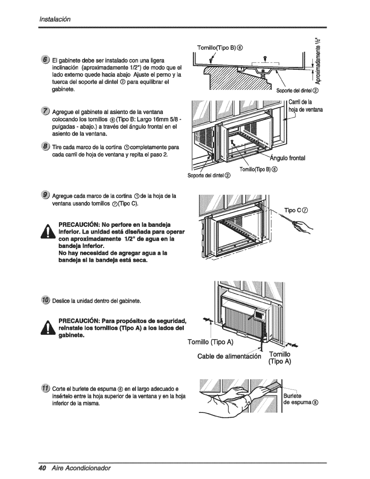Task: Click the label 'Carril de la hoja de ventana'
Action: tap(305, 105)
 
